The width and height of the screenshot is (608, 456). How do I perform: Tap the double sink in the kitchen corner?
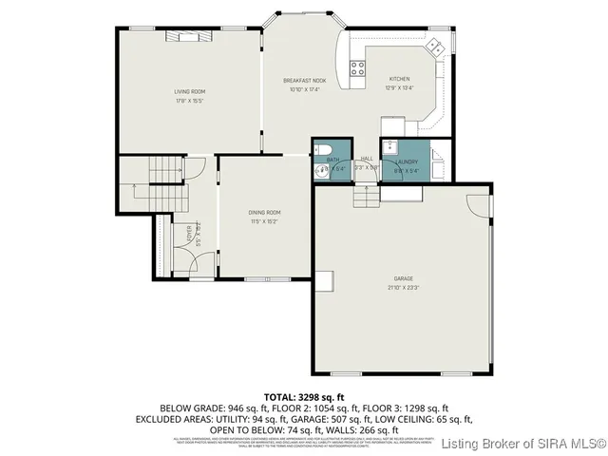click(x=438, y=46)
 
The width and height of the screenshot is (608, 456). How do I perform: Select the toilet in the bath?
click(x=322, y=148)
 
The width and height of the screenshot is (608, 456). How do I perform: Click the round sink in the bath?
click(x=322, y=171)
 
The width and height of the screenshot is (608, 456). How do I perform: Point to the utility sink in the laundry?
click(x=390, y=146)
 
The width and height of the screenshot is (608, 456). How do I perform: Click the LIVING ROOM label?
click(x=190, y=91)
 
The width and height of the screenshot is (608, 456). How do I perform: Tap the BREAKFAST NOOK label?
click(x=304, y=82)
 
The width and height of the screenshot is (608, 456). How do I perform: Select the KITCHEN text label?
click(x=400, y=79)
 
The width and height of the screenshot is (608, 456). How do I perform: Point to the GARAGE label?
click(x=403, y=277)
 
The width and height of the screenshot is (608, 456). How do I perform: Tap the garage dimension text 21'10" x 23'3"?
click(x=403, y=286)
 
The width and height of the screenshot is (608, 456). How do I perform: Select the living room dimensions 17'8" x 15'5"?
click(x=190, y=100)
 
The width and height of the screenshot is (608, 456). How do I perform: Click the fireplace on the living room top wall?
click(x=189, y=36)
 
